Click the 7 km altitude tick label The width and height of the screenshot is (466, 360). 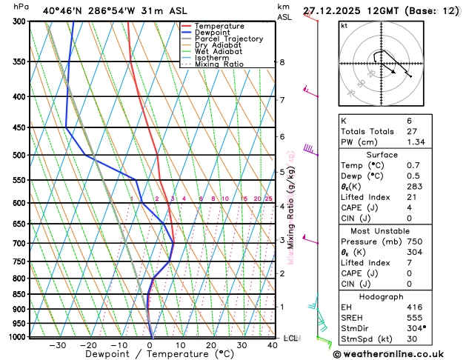282,100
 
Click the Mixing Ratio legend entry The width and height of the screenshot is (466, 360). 219,64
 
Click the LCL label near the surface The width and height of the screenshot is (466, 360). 290,338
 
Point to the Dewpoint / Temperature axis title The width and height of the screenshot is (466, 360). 150,355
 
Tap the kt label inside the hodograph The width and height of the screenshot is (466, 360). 344,25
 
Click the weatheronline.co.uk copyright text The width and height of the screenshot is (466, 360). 398,354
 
